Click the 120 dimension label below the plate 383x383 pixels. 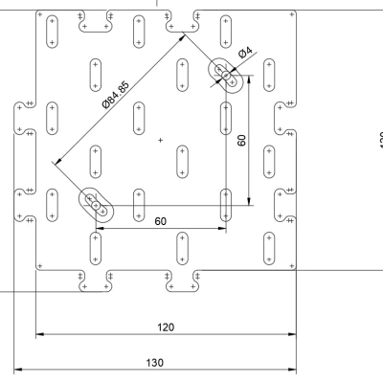[x=166, y=327]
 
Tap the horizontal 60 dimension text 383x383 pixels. [x=161, y=221]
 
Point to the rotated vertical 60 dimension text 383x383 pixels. [x=242, y=140]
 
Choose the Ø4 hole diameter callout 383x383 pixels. [x=245, y=54]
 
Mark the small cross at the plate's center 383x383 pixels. [x=161, y=141]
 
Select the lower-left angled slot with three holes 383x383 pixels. [x=96, y=204]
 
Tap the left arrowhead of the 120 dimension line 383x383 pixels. [x=40, y=336]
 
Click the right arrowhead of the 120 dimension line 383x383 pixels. [x=292, y=336]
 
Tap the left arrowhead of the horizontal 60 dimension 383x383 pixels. [x=100, y=228]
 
